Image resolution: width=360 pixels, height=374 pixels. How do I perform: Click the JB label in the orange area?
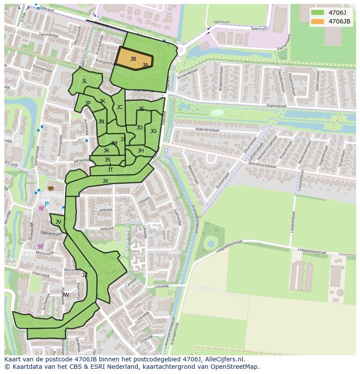(x=133, y=59)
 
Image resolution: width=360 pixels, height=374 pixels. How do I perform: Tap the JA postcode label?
(x=145, y=65)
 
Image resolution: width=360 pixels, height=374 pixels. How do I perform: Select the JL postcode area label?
(x=85, y=81)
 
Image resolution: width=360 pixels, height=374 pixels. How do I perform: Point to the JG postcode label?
(x=153, y=131)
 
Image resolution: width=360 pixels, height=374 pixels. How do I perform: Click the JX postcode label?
(x=105, y=181)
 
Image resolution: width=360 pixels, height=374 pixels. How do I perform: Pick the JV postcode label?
(x=58, y=222)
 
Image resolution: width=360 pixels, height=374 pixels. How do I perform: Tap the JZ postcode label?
(x=85, y=275)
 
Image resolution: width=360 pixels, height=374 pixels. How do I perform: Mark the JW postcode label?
(x=65, y=295)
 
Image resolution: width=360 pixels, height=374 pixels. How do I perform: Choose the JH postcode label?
(x=140, y=151)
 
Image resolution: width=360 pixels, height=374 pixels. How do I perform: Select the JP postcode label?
(x=88, y=103)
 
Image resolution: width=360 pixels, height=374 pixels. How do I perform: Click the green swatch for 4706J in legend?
(x=317, y=13)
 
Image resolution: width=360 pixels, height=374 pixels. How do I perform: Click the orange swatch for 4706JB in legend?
(x=317, y=21)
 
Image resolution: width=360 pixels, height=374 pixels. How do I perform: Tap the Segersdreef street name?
(x=277, y=106)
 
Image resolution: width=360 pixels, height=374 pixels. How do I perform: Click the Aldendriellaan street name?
(x=207, y=130)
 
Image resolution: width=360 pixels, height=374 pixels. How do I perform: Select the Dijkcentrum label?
(x=51, y=233)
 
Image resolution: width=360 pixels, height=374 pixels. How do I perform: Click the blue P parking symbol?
(x=47, y=204)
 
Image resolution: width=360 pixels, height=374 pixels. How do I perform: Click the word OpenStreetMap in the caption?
(x=233, y=367)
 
